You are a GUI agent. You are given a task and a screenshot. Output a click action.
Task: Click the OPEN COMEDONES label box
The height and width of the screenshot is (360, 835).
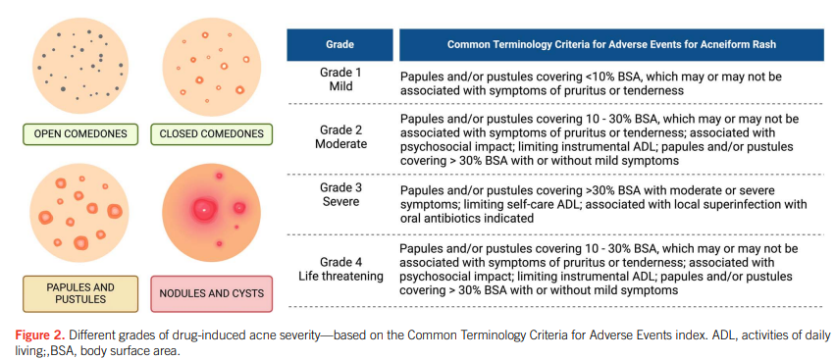[x=80, y=133]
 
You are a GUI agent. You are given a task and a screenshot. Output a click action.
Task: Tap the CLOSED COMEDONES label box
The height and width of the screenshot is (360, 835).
[x=211, y=133]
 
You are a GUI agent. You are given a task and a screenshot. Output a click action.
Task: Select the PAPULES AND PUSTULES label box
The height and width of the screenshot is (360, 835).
[x=80, y=293]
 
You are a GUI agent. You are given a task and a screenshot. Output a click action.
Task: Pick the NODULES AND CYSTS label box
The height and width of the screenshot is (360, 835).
[x=211, y=293]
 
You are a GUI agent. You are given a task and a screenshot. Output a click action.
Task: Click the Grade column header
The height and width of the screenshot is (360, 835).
[x=339, y=45]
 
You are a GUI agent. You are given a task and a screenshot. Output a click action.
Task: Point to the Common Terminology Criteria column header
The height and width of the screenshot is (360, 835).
[x=611, y=45]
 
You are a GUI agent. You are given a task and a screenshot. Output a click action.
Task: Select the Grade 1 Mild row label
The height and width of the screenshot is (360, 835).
[x=340, y=78]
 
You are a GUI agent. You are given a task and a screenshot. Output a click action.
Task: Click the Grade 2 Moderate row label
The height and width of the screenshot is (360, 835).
[x=340, y=137]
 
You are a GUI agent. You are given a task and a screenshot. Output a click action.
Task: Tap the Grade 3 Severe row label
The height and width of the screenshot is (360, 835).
[x=340, y=195]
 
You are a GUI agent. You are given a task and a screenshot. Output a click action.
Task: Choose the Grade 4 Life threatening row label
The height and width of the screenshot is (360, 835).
[x=340, y=269]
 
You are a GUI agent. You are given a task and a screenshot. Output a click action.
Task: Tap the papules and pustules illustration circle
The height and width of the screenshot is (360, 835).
[x=79, y=212]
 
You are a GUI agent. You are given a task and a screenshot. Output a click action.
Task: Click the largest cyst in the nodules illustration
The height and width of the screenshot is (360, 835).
[x=204, y=209]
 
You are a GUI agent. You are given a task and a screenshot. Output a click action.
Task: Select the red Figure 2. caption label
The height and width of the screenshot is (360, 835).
[x=40, y=335]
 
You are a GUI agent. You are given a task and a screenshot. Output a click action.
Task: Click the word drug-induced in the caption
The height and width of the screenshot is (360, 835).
[x=189, y=335]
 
